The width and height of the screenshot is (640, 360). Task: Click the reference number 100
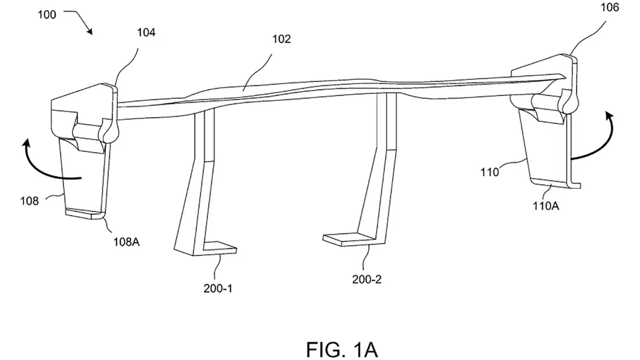[x=46, y=15]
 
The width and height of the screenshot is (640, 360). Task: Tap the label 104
[x=146, y=33]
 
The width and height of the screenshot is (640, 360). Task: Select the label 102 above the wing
[x=281, y=39]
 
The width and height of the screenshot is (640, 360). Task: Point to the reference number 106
[x=610, y=8]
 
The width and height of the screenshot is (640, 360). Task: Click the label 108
[x=29, y=201]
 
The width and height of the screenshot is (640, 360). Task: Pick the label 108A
[x=127, y=242]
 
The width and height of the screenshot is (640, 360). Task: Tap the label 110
[x=489, y=172]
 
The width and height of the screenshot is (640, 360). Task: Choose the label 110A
[x=546, y=206]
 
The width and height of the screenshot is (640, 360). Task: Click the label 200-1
[x=218, y=288]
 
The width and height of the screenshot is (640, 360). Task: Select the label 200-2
[x=367, y=280]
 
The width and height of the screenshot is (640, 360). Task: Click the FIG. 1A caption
[x=342, y=350]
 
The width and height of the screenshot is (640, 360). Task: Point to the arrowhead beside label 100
[x=89, y=31]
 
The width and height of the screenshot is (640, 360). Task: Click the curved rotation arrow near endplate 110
[x=596, y=146]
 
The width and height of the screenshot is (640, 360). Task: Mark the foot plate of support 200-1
[x=220, y=248]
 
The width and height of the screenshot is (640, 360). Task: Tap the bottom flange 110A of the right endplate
[x=554, y=183]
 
